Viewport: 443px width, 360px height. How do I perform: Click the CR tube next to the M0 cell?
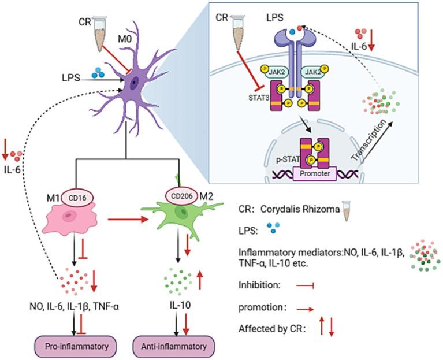pos(105,30)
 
